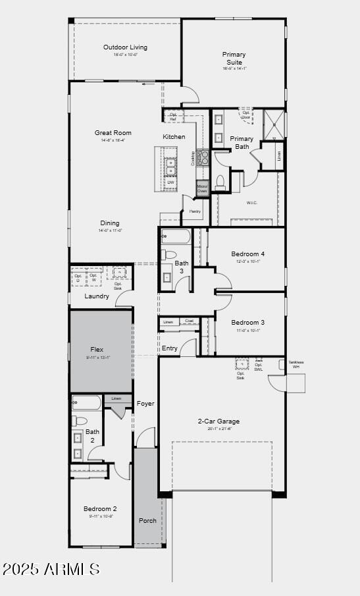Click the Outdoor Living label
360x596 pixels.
(x=125, y=47)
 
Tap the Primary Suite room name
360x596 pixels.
(x=234, y=59)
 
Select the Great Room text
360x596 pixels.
(x=113, y=133)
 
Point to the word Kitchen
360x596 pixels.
(x=174, y=137)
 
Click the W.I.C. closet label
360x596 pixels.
(x=251, y=202)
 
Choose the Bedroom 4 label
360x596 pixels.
(x=247, y=254)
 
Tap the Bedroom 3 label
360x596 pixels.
(x=247, y=322)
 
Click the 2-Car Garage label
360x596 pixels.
(x=219, y=421)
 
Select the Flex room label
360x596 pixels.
(x=97, y=350)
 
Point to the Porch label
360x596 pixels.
(x=147, y=520)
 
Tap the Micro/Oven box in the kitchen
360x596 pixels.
(x=202, y=189)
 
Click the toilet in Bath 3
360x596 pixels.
(x=169, y=255)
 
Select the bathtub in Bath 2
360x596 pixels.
(x=86, y=402)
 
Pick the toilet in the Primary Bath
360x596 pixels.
(x=220, y=180)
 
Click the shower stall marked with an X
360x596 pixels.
(x=274, y=122)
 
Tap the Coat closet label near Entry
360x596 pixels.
(x=189, y=321)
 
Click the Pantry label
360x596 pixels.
(x=195, y=211)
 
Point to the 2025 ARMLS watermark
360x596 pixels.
(x=51, y=569)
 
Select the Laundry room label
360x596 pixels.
(x=97, y=296)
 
